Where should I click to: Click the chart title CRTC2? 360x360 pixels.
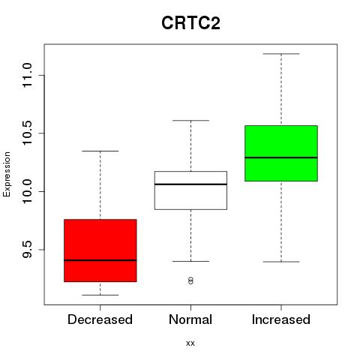[x=190, y=23]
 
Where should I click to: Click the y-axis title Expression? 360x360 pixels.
[x=7, y=174]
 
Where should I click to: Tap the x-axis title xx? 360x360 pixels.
[x=190, y=343]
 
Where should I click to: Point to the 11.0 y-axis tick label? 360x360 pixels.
[x=27, y=75]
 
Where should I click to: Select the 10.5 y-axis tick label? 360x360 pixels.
[x=27, y=133]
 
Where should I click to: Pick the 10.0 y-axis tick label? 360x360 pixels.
[x=27, y=191]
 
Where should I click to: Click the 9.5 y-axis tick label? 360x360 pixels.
[x=27, y=250]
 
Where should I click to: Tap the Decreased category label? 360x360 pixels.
[x=100, y=319]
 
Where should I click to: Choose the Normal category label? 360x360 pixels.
[x=190, y=319]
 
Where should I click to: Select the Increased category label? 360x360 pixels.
[x=281, y=319]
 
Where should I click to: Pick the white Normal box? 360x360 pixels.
[x=190, y=190]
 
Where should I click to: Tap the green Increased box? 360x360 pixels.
[x=281, y=153]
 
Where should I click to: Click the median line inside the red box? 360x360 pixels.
[x=100, y=260]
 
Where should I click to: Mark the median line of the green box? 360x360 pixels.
[x=281, y=157]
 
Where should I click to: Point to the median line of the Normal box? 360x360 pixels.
[x=190, y=184]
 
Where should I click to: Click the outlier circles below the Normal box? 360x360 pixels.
[x=190, y=280]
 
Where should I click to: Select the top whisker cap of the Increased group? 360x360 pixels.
[x=281, y=54]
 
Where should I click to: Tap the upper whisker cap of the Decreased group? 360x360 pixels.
[x=100, y=151]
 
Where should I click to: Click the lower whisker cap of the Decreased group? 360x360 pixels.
[x=100, y=295]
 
